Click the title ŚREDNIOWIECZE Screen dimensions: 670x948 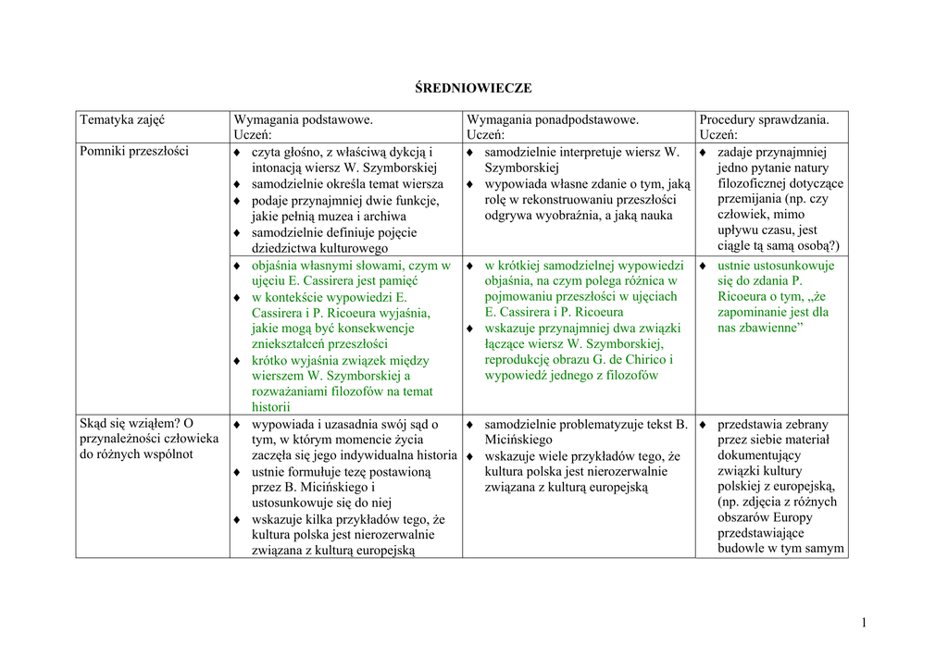pos(472,88)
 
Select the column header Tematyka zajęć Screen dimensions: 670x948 pos(122,119)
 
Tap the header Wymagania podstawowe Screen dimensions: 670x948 pos(304,119)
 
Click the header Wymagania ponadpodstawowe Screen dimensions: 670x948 pos(553,119)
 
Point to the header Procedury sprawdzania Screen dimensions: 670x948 pos(764,119)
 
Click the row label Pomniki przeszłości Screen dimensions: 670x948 pos(134,151)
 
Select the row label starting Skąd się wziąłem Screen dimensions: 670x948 pos(136,424)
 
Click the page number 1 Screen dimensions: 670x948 pos(863,623)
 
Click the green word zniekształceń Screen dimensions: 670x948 pos(294,343)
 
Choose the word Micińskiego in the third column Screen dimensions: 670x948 pos(518,440)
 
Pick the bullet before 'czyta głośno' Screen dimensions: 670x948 pos(238,152)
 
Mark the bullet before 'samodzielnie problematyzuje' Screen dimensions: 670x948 pos(471,425)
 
